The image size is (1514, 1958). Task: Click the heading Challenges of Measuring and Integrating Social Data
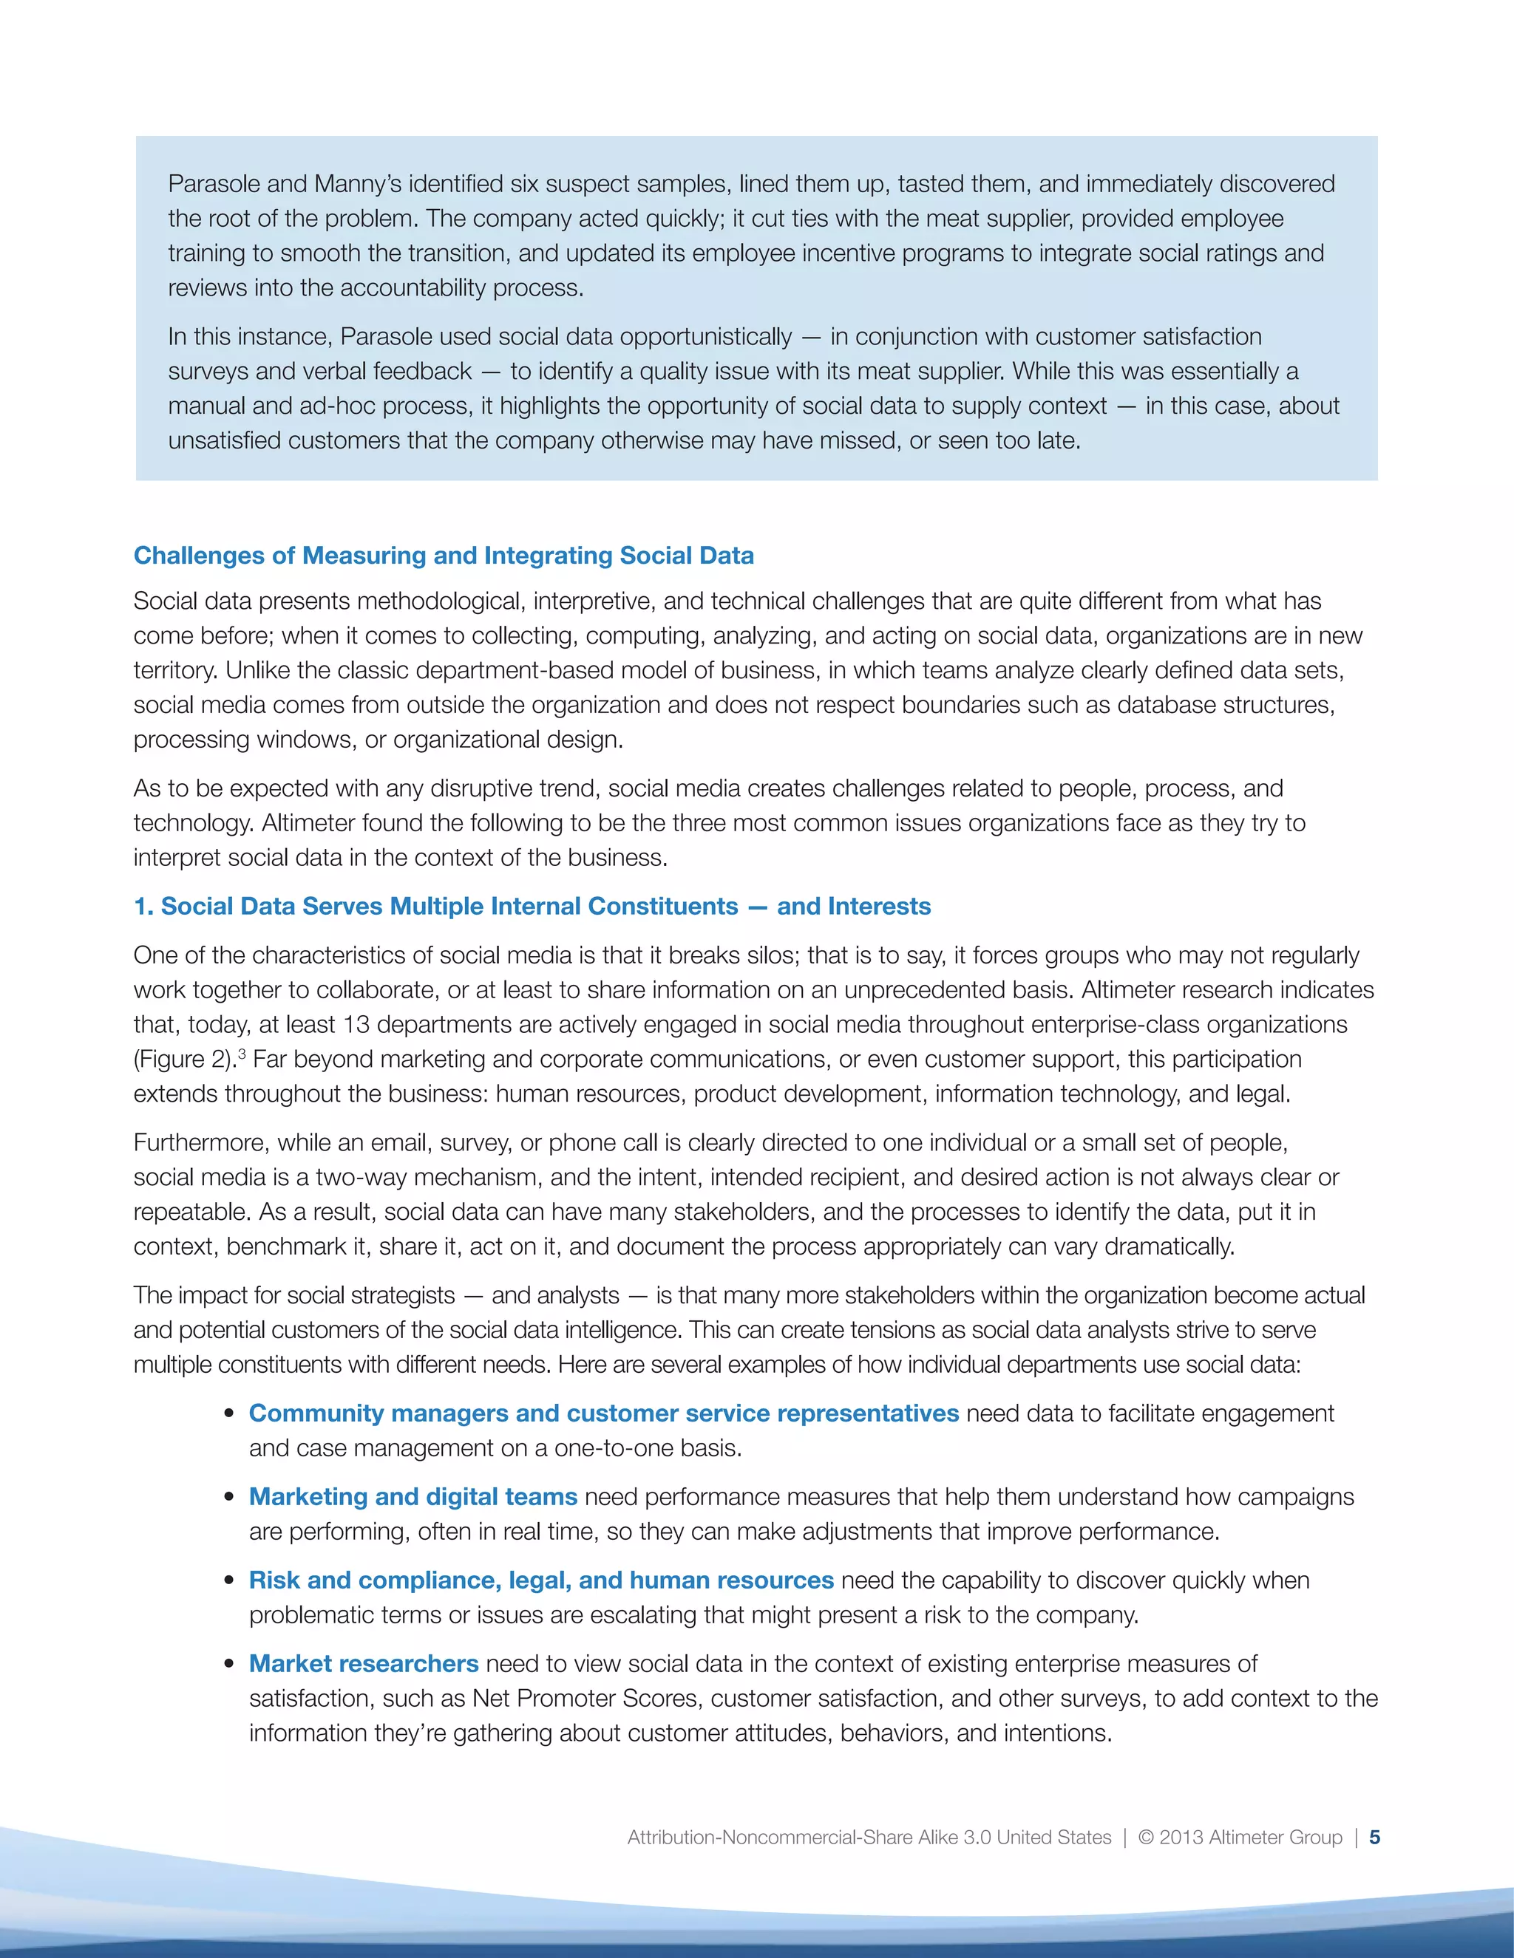coord(443,556)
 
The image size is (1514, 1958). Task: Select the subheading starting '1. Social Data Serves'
coord(532,907)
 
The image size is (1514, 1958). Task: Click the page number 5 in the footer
coord(1375,1837)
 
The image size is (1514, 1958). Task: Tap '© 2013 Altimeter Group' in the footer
coord(1240,1837)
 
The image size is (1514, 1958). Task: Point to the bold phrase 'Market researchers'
coord(363,1663)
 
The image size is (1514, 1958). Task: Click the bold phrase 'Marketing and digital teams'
coord(413,1496)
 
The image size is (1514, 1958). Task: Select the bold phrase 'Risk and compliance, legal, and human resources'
coord(541,1580)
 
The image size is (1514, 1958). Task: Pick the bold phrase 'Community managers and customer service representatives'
coord(604,1413)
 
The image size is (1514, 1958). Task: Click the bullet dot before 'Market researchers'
coord(231,1665)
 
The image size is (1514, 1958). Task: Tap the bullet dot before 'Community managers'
coord(231,1415)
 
